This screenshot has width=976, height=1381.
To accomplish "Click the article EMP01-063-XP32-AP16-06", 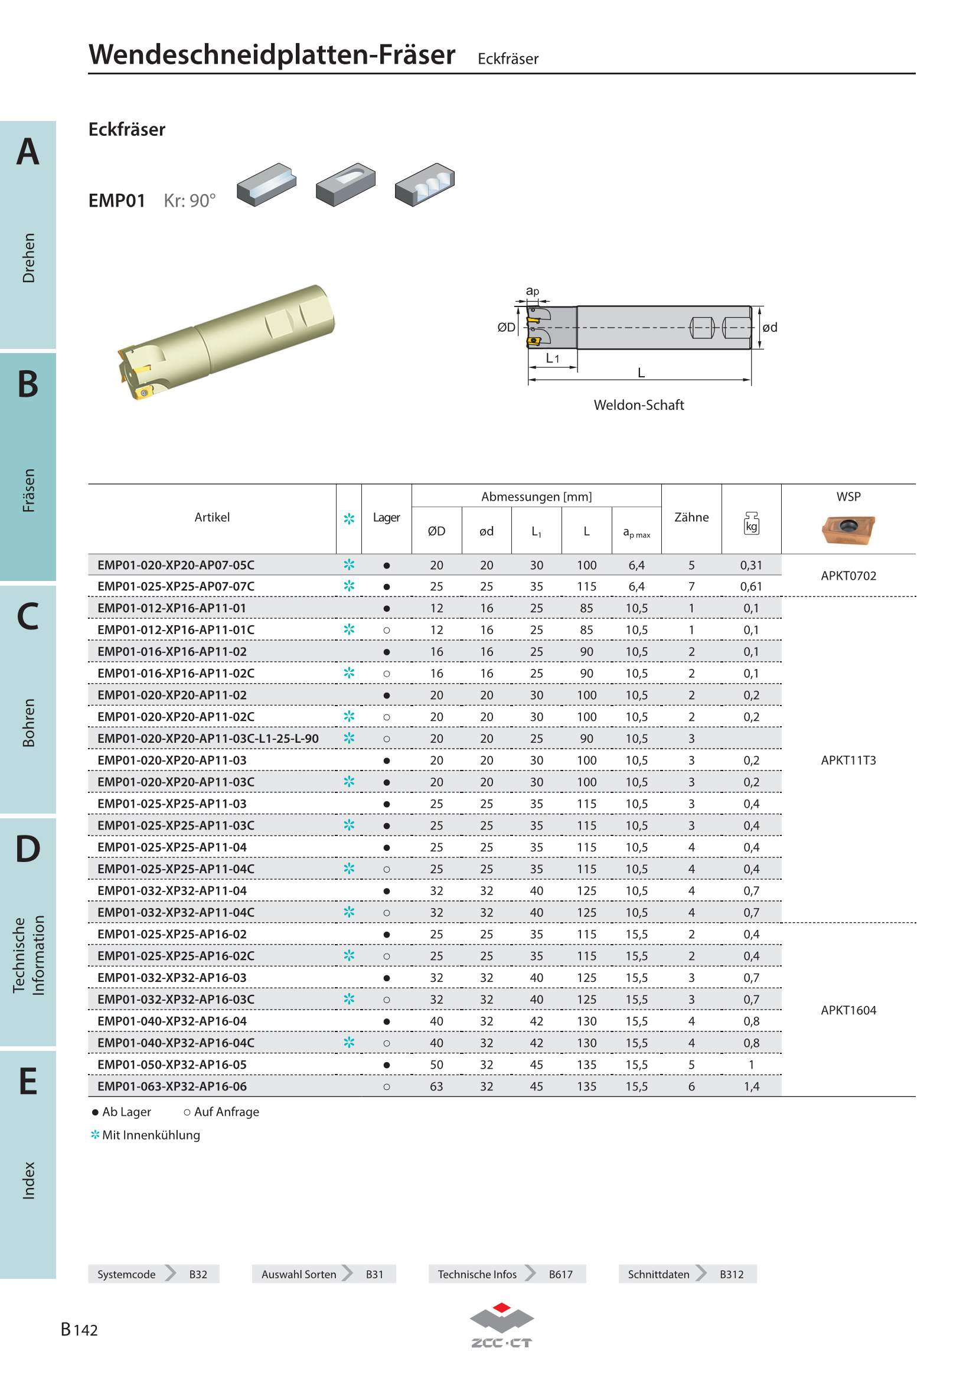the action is click(172, 1086).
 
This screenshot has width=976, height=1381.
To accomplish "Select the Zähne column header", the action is click(691, 517).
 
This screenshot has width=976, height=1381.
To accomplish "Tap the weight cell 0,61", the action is click(751, 586).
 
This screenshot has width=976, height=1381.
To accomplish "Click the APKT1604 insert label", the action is click(848, 1010).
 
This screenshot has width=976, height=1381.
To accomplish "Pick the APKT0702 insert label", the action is click(848, 576).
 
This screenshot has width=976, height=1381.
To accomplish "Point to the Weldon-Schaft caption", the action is click(639, 405).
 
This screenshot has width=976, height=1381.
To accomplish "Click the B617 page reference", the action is click(560, 1275).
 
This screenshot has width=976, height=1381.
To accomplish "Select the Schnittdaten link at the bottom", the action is click(658, 1275).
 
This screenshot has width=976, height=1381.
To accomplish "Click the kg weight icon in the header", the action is click(751, 523).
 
